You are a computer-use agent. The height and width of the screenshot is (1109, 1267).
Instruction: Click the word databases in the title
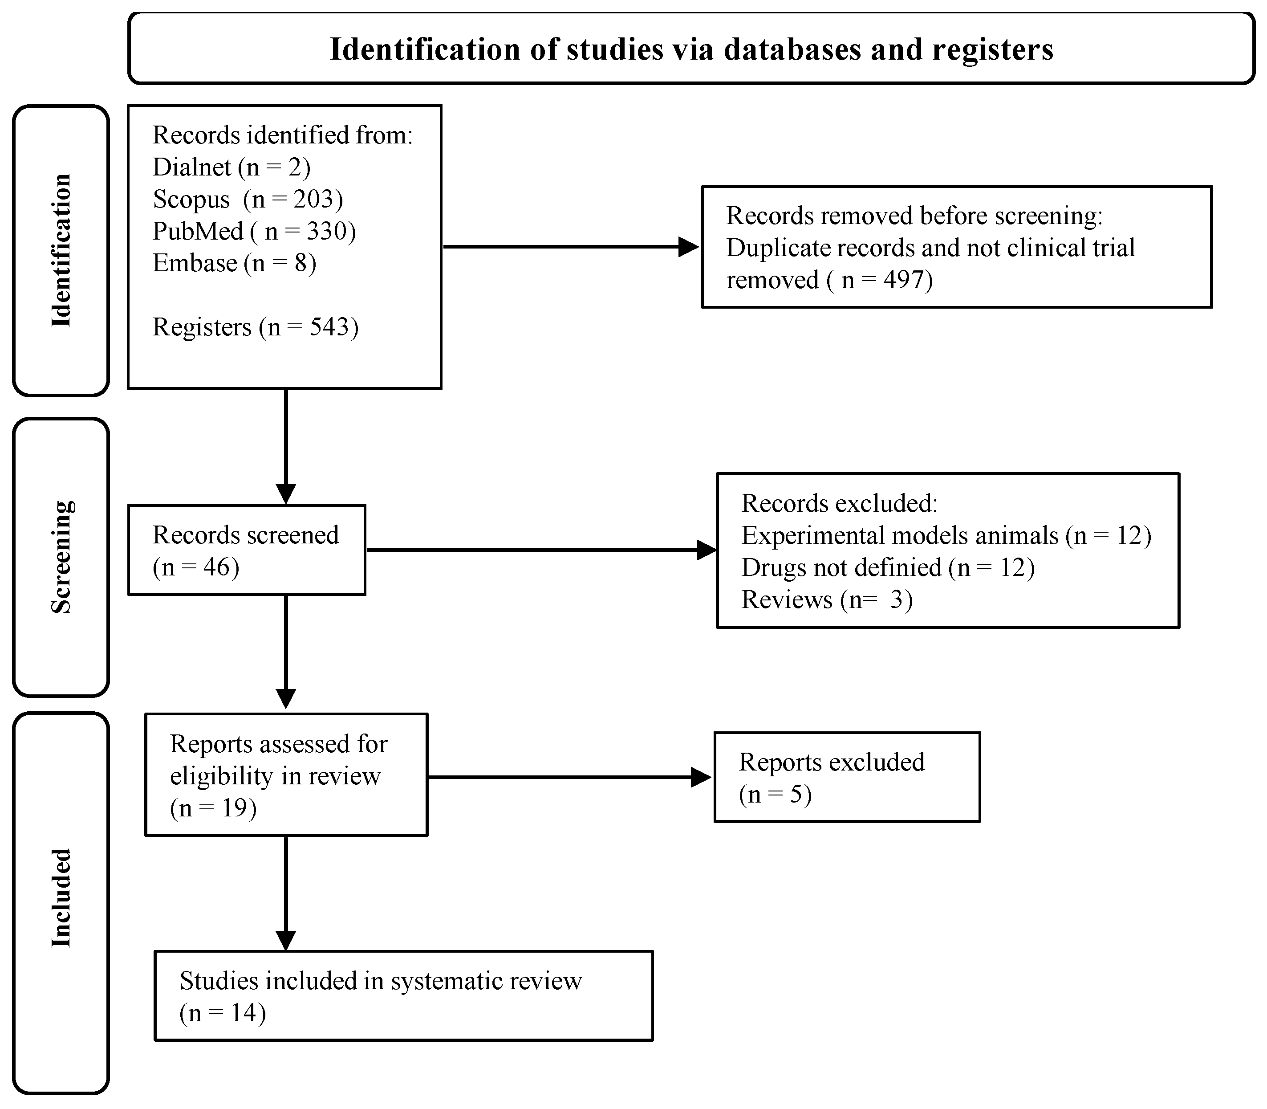click(x=792, y=49)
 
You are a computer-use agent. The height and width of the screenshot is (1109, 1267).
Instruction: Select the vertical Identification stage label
click(x=61, y=251)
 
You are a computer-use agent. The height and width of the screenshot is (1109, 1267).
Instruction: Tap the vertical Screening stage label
click(x=61, y=557)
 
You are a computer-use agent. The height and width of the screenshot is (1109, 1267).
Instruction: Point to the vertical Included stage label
click(x=61, y=897)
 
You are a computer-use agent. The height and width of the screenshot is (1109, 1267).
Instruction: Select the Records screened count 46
click(x=216, y=567)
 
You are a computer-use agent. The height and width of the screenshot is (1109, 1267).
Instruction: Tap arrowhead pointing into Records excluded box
click(x=706, y=550)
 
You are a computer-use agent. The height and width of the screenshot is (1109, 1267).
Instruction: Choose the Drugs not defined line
click(x=888, y=567)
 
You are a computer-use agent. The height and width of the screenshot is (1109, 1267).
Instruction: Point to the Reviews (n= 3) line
click(x=827, y=599)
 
